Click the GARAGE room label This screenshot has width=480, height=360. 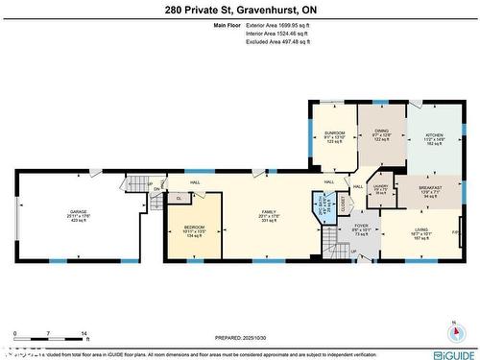[80, 212]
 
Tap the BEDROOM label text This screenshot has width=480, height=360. [195, 227]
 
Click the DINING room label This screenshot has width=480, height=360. [381, 133]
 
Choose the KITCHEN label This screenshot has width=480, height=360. [435, 134]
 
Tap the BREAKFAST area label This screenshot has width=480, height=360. [429, 188]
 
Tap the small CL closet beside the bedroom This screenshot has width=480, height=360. [179, 199]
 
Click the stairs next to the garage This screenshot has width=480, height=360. [140, 185]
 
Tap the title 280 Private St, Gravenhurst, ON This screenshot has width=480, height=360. [239, 9]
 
